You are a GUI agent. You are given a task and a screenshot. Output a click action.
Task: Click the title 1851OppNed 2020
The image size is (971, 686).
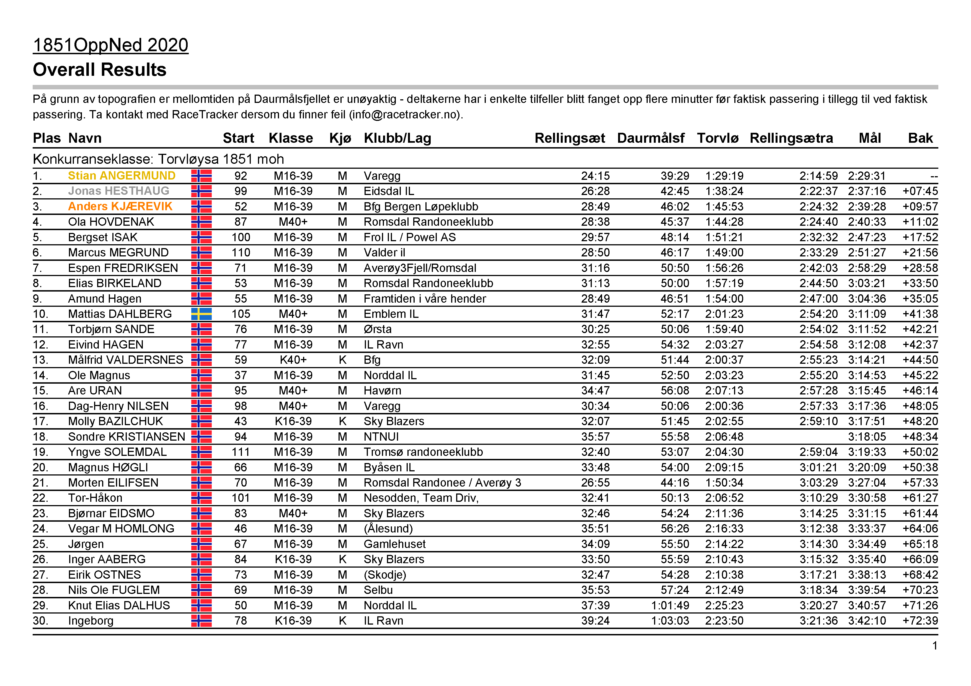pyautogui.click(x=110, y=45)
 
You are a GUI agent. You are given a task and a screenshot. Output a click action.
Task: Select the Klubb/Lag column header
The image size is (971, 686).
pyautogui.click(x=397, y=138)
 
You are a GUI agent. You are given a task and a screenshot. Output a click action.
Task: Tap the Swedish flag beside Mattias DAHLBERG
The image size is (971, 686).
pyautogui.click(x=201, y=314)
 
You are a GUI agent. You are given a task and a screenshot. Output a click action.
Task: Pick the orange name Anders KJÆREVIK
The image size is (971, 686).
pyautogui.click(x=120, y=206)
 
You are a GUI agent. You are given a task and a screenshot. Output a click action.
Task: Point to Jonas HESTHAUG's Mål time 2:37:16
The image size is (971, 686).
pyautogui.click(x=867, y=191)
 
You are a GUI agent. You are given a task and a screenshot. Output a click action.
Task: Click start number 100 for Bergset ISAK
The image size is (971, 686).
pyautogui.click(x=241, y=237)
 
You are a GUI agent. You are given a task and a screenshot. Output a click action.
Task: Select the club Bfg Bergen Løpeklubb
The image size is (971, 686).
pyautogui.click(x=420, y=206)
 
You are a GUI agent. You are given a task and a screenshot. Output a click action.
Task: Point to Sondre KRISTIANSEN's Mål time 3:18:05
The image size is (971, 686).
pyautogui.click(x=867, y=436)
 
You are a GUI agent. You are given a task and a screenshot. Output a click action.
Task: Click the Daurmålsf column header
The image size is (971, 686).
pyautogui.click(x=650, y=138)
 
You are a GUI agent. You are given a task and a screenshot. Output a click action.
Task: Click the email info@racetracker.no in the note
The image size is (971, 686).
pyautogui.click(x=406, y=115)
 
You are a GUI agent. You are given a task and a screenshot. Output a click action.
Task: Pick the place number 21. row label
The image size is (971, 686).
pyautogui.click(x=41, y=483)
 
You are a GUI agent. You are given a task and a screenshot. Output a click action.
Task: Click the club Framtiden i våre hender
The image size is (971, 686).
pyautogui.click(x=425, y=299)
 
